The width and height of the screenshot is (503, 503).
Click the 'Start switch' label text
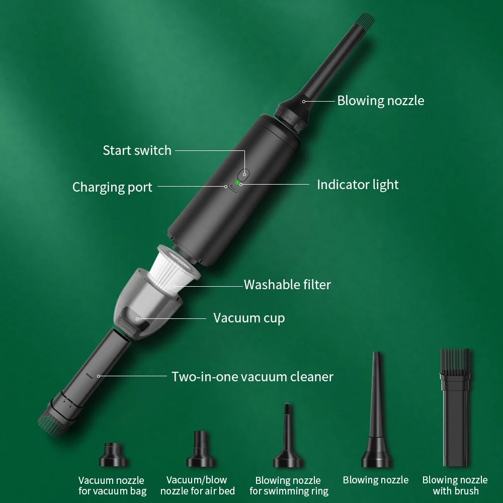click(137, 150)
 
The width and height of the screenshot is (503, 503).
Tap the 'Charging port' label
click(112, 187)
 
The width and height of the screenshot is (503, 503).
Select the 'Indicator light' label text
click(358, 185)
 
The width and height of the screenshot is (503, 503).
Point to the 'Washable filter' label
click(287, 285)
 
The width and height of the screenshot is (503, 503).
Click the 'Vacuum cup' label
click(249, 318)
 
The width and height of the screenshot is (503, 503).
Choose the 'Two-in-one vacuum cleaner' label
click(252, 376)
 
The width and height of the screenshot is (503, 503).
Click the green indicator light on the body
click(237, 183)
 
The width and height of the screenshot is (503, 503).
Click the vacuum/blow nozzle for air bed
click(200, 450)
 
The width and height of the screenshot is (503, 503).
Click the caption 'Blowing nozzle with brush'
click(455, 485)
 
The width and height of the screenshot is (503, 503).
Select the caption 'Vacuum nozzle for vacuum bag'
click(112, 485)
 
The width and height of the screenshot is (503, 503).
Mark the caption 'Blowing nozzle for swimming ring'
click(288, 485)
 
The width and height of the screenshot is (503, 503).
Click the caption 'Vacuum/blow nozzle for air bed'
click(197, 485)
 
